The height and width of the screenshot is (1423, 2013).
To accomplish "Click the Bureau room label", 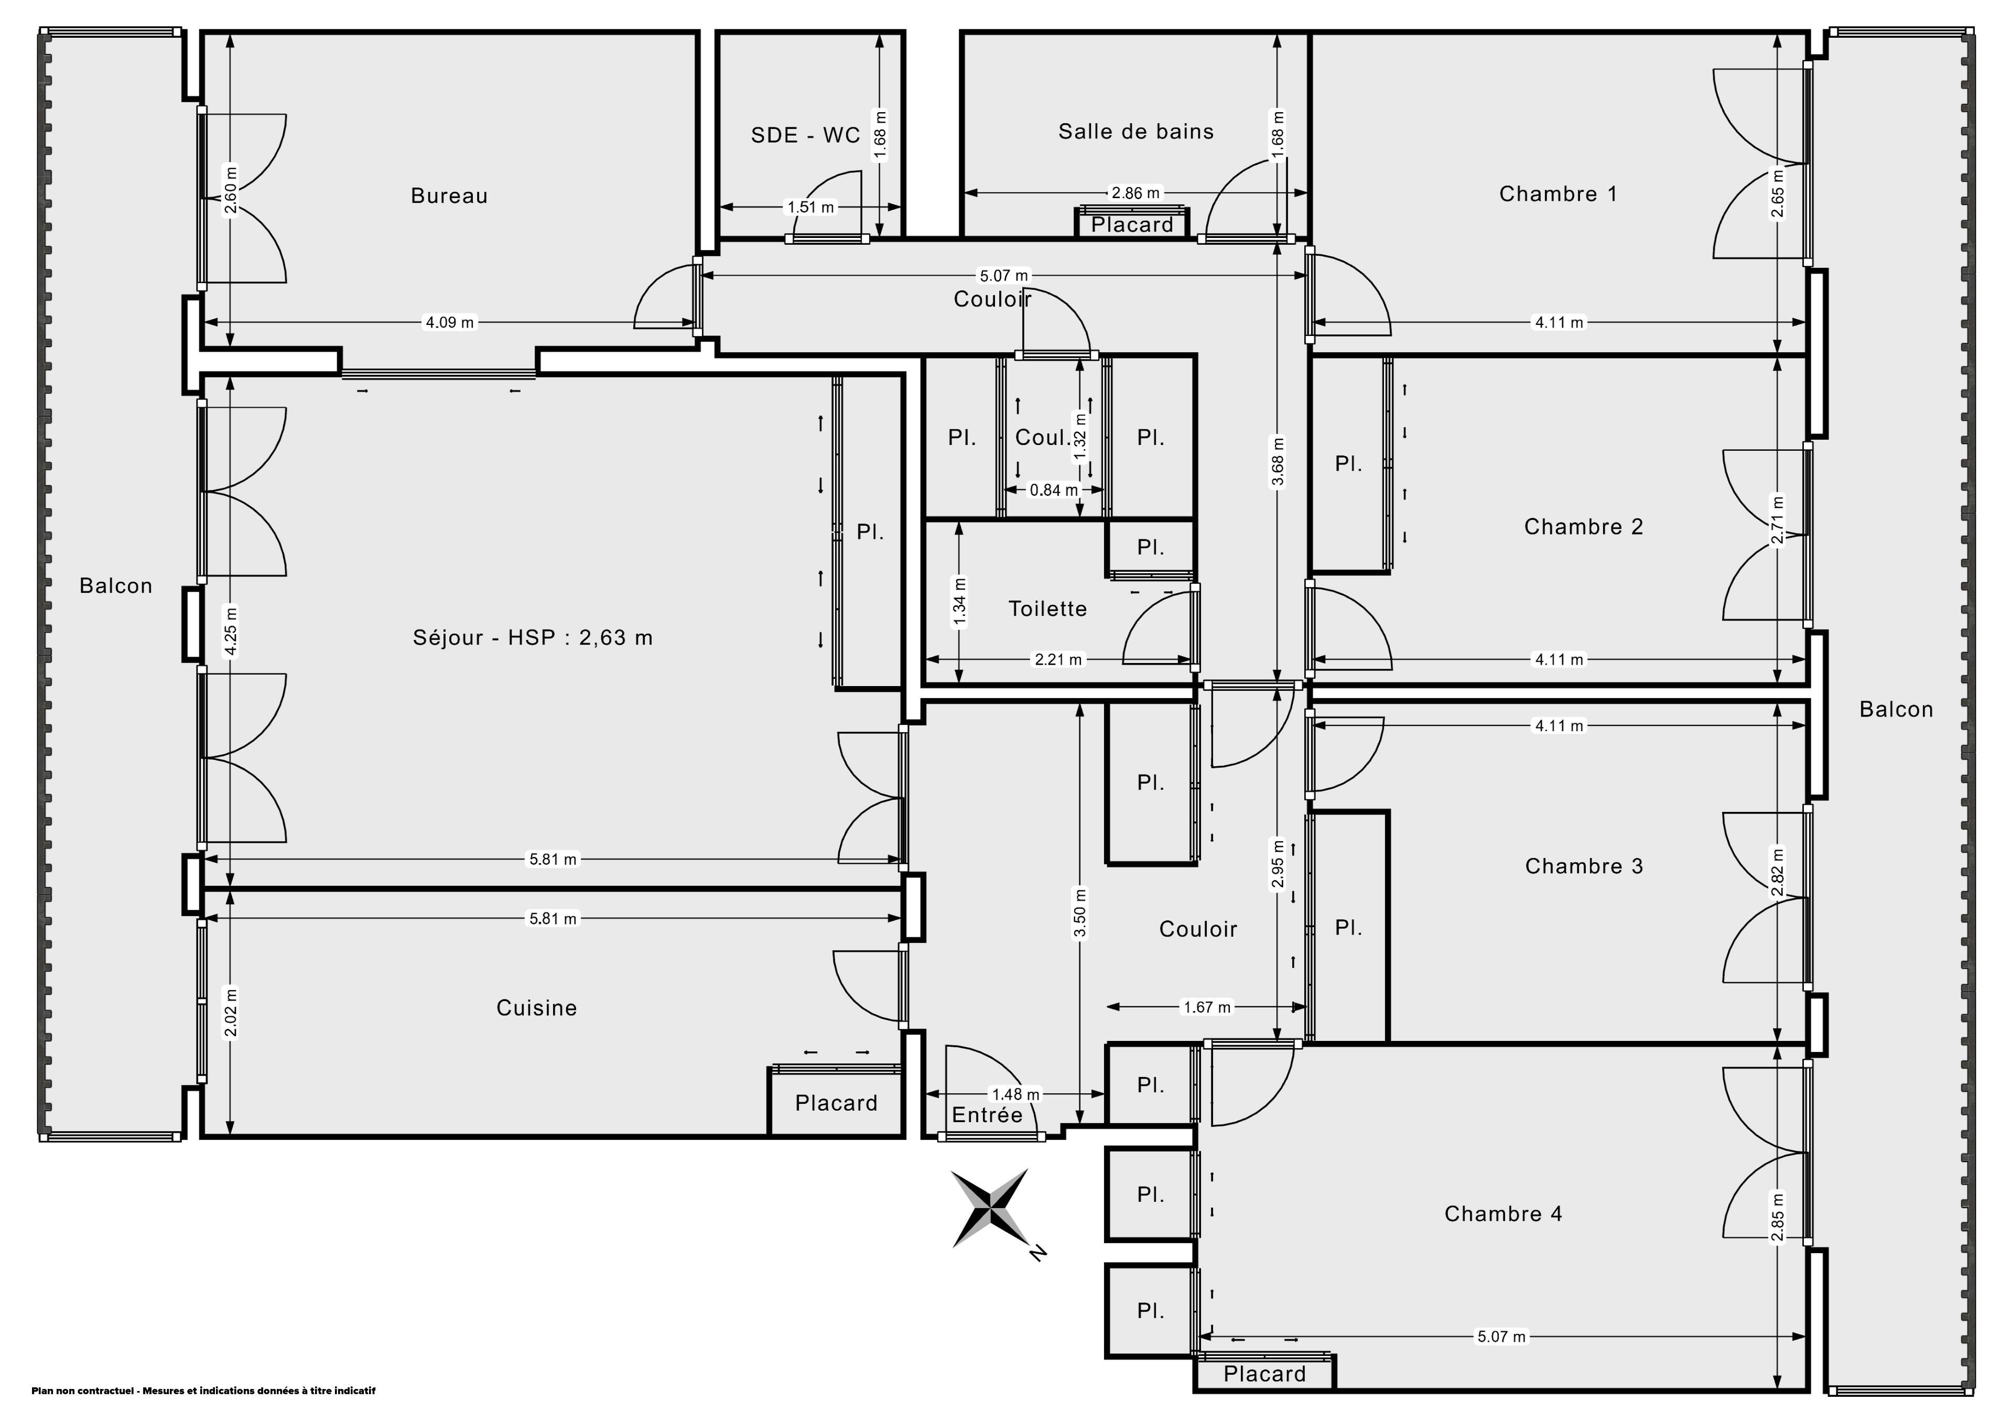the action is [449, 195].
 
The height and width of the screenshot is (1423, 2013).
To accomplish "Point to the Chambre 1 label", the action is [1558, 194].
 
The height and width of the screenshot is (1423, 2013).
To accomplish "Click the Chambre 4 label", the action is [1503, 1213].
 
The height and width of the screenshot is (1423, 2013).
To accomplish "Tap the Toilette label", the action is [1048, 609].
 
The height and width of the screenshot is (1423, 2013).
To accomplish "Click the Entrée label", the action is [987, 1114].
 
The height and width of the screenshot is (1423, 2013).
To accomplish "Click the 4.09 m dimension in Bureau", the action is [450, 323].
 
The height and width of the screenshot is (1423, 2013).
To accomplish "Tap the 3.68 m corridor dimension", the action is [1278, 461].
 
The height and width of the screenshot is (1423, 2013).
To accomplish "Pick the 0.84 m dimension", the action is [1054, 490].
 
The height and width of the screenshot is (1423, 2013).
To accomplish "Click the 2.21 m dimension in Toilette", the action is [1059, 659].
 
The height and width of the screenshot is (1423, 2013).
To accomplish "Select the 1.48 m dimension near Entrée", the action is [1015, 1094].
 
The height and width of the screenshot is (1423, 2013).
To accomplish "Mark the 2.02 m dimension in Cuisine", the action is [231, 1013].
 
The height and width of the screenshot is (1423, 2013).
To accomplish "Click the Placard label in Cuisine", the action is [837, 1103].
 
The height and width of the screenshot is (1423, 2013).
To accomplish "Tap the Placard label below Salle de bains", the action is [1132, 224].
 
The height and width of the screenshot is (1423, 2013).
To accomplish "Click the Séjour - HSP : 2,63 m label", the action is [533, 637].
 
